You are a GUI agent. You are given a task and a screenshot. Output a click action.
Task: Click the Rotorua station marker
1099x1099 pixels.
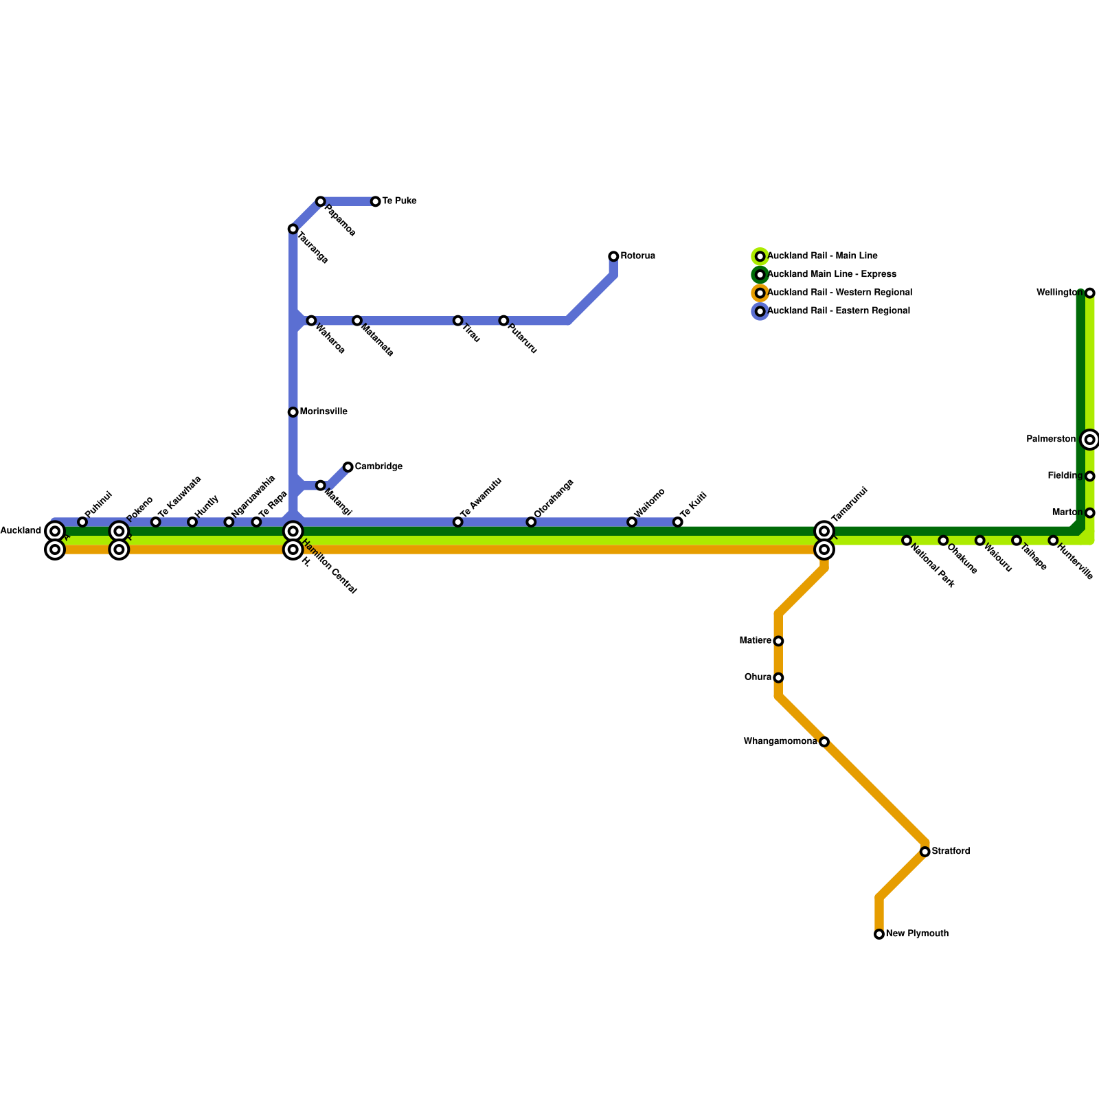coord(613,256)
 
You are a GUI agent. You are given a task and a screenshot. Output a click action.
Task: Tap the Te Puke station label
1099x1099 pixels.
coord(398,201)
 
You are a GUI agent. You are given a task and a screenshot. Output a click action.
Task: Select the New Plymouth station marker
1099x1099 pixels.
coord(879,934)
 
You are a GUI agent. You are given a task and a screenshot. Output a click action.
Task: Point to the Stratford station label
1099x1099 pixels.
coord(951,852)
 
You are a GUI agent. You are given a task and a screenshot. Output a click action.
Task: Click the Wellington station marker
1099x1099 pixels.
coord(1090,293)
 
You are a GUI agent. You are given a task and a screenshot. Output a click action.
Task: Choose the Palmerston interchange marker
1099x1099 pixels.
coord(1090,440)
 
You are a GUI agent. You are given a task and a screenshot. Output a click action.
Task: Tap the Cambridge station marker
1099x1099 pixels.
coord(348,467)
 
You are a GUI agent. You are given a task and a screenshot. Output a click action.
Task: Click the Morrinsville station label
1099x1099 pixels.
coord(323,412)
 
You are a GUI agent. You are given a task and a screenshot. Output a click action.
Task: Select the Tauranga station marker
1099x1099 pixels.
coord(293,229)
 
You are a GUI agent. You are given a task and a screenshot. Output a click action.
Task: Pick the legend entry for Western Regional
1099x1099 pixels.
coord(839,293)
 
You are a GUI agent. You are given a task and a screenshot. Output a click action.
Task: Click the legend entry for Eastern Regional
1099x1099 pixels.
coord(838,311)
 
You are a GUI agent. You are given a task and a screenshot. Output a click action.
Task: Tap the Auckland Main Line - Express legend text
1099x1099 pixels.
coord(831,275)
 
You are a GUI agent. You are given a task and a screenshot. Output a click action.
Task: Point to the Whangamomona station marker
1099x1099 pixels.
coord(824,742)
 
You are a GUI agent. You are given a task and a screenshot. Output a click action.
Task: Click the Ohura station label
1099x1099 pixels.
coord(758,677)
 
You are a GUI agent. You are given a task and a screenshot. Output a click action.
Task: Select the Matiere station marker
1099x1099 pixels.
coord(778,641)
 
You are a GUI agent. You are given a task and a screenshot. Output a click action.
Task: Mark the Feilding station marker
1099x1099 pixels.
coord(1090,476)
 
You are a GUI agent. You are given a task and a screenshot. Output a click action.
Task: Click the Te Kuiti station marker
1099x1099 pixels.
coord(678,522)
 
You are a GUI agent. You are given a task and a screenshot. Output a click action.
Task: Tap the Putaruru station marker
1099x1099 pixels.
coord(503,321)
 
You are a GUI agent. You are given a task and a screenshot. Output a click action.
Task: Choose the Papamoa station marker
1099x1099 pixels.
coord(321,201)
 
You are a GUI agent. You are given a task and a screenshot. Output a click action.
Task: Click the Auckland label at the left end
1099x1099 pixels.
coord(21,531)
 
